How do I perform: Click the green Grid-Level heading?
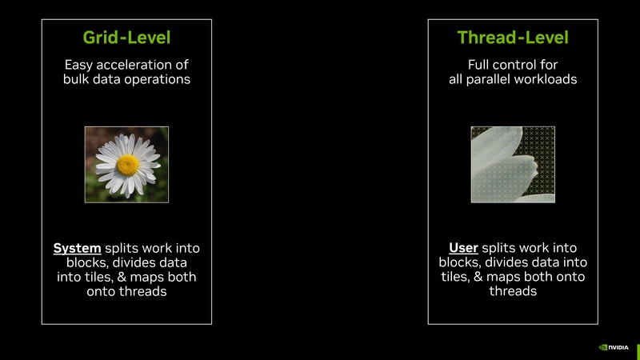click(x=126, y=38)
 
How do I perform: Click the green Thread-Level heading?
click(x=513, y=38)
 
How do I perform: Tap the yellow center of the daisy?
click(x=127, y=165)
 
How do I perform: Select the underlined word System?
click(x=78, y=248)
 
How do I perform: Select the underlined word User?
click(x=463, y=248)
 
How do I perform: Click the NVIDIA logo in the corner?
click(x=614, y=347)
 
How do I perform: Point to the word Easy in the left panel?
click(x=79, y=64)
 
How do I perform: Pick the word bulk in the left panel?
click(x=78, y=79)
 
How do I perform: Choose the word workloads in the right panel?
click(x=546, y=79)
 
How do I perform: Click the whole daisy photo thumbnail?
click(x=126, y=164)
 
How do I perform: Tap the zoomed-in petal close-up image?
click(x=513, y=164)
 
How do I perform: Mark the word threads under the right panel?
click(x=513, y=292)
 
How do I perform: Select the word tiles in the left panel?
click(x=111, y=278)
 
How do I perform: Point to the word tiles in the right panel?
click(x=454, y=278)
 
